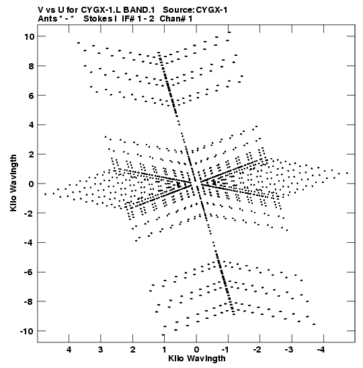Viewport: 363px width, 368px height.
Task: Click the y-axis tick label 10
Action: (x=30, y=36)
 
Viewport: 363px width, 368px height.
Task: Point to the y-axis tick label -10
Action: (x=27, y=332)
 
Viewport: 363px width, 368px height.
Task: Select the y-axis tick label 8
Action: (x=32, y=66)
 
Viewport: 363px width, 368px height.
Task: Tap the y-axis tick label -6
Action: (x=30, y=272)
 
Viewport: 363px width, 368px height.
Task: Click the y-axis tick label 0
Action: (x=32, y=184)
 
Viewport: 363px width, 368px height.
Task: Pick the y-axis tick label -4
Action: (x=30, y=243)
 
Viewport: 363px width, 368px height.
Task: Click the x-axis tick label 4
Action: (x=69, y=350)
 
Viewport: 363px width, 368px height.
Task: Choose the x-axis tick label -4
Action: (x=321, y=350)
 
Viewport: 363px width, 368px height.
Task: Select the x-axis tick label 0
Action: (x=196, y=350)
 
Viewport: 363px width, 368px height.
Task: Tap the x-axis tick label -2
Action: (x=257, y=350)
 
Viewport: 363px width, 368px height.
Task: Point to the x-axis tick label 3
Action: (x=101, y=350)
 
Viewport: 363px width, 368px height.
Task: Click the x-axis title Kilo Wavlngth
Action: (x=197, y=359)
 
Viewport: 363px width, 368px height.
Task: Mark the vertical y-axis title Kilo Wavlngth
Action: (x=13, y=183)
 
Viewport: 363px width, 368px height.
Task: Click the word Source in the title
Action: (x=177, y=10)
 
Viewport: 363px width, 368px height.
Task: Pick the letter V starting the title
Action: (x=40, y=10)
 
